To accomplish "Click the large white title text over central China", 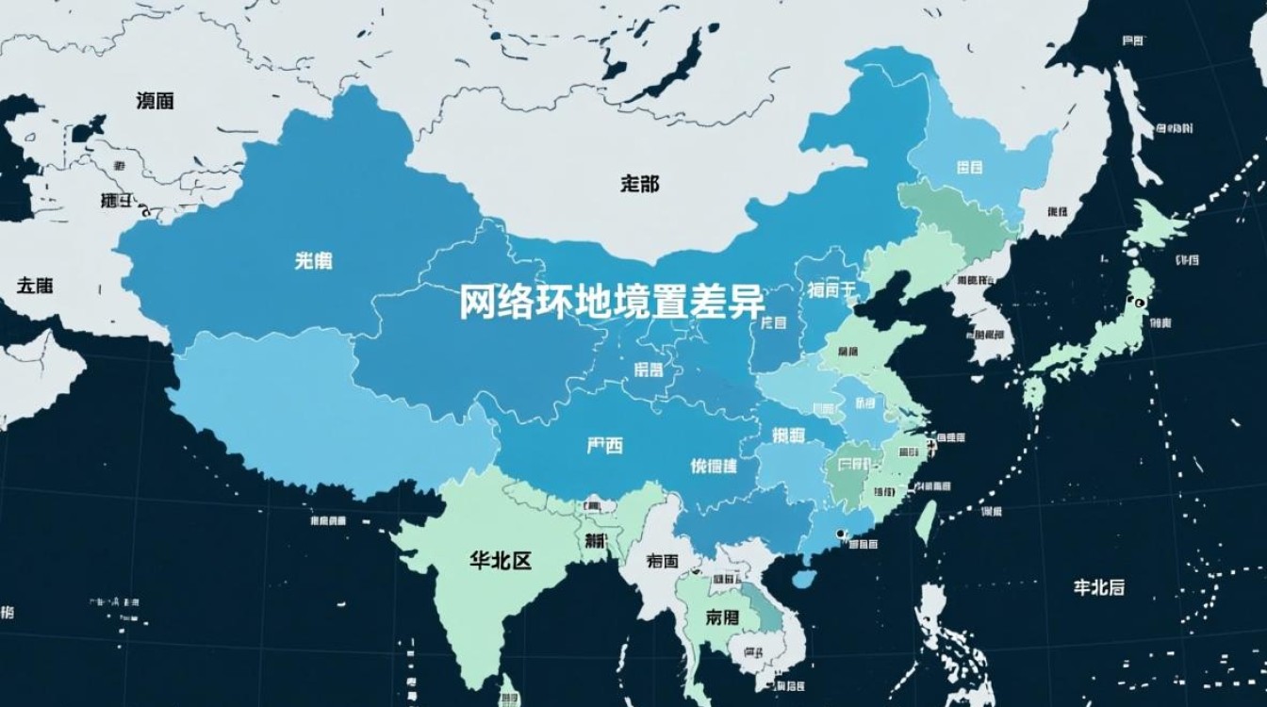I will [x=612, y=302].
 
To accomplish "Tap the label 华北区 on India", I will [x=501, y=561].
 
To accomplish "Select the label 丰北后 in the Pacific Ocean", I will [x=1098, y=586].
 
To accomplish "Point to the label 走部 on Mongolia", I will [x=640, y=185].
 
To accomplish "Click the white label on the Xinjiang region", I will [x=313, y=261].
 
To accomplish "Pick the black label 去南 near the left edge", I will [x=34, y=285].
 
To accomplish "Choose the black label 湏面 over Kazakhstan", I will [x=155, y=101].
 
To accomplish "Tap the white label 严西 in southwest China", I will [x=604, y=446].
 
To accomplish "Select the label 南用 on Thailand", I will [x=721, y=618].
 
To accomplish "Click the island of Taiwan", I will [x=927, y=521].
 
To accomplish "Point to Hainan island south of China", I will [x=804, y=577].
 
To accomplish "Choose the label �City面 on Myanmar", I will [x=663, y=561].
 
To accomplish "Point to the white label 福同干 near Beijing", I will [x=831, y=289].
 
